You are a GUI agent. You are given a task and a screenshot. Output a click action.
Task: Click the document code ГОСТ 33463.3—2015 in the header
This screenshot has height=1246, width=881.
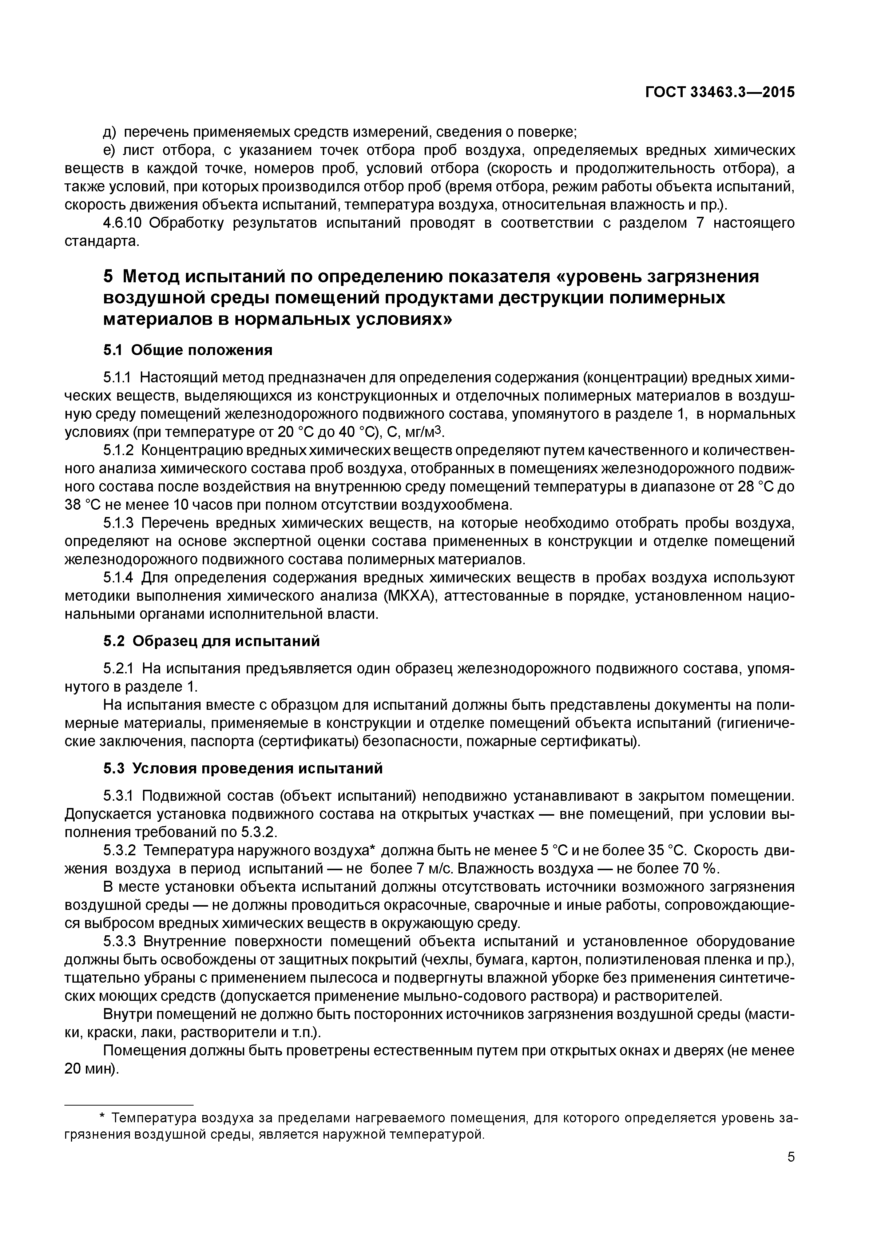pos(719,93)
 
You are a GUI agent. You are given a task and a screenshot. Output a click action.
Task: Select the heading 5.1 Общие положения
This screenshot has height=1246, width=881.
pos(187,350)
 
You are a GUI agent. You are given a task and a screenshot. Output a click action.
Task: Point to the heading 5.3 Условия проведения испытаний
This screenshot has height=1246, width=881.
pos(243,768)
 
